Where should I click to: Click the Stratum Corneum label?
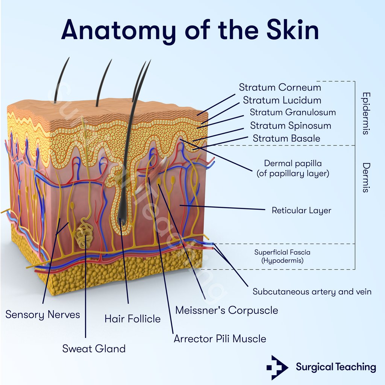[x=280, y=88]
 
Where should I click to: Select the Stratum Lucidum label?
[x=282, y=100]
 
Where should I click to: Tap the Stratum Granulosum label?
[x=293, y=112]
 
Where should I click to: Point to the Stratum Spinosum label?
[x=290, y=126]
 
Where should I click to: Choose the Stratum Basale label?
[x=286, y=138]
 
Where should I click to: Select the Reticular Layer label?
[x=301, y=210]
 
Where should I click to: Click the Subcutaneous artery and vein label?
[x=312, y=292]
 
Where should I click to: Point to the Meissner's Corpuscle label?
[x=227, y=311]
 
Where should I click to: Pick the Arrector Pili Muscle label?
[x=220, y=339]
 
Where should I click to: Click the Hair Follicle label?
[x=132, y=319]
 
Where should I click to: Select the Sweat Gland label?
[x=94, y=349]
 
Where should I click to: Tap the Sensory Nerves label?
[x=42, y=315]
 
